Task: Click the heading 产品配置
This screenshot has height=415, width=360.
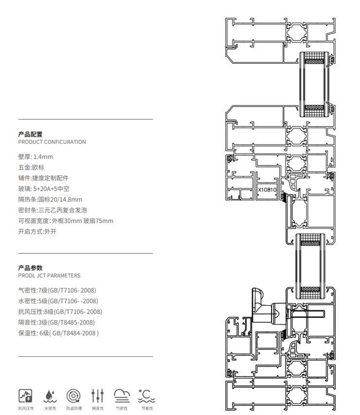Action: tap(30, 134)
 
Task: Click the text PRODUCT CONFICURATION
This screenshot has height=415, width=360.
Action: tap(52, 142)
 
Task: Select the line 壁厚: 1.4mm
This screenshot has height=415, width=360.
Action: tap(36, 157)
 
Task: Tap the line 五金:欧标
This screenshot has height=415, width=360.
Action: tap(31, 167)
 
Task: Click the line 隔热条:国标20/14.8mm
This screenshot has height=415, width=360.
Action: tap(50, 199)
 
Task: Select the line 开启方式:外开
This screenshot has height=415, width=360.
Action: tap(37, 232)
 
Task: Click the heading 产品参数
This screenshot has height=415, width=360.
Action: tap(30, 268)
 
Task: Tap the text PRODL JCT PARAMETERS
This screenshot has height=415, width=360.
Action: tap(49, 275)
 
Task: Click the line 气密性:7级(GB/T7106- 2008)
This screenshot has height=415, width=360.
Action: tap(57, 290)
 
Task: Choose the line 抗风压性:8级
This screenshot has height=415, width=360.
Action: tap(60, 311)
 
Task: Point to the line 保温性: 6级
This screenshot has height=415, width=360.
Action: tap(58, 333)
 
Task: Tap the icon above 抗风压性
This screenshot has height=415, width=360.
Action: tap(25, 395)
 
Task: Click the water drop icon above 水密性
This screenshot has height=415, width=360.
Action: tap(50, 395)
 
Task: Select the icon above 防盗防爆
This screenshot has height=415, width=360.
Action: tap(74, 395)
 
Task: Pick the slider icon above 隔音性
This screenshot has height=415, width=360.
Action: tap(98, 395)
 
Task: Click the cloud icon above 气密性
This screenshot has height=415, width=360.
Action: tap(122, 395)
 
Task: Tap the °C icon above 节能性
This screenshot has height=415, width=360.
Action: tap(146, 395)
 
